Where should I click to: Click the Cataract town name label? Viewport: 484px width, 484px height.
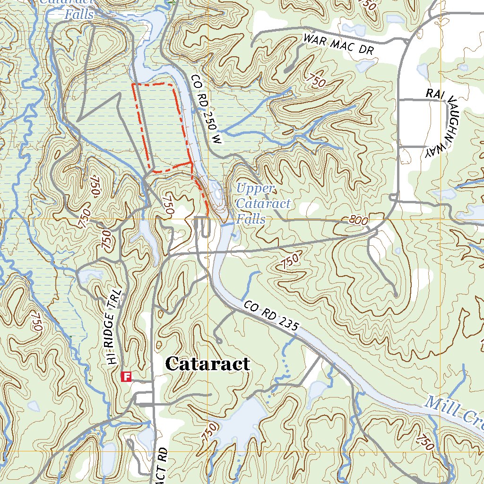[207, 364]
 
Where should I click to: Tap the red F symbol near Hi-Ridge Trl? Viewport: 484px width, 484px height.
[126, 376]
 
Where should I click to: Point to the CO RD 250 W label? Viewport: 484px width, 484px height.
[206, 109]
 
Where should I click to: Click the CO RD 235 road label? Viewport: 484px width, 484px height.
[272, 315]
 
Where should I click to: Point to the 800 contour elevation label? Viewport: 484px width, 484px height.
[359, 220]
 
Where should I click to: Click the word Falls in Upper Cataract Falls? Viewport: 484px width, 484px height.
[251, 219]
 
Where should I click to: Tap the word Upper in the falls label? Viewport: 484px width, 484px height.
[255, 189]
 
